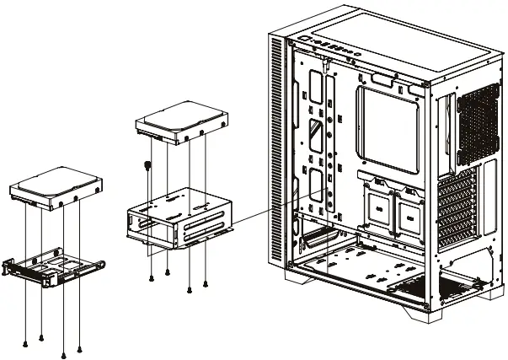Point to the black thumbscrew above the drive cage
point(148,165)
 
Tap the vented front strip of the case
point(275,143)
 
